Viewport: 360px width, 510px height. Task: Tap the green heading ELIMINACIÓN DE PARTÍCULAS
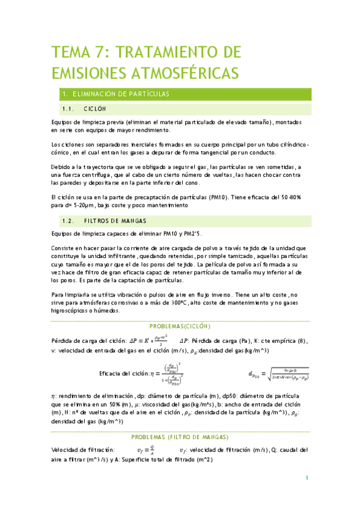[x=121, y=94]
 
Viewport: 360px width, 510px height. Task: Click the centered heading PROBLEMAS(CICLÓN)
[x=180, y=326]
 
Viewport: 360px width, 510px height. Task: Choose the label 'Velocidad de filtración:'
[x=83, y=450]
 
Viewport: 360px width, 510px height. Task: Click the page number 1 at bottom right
[x=307, y=478]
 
